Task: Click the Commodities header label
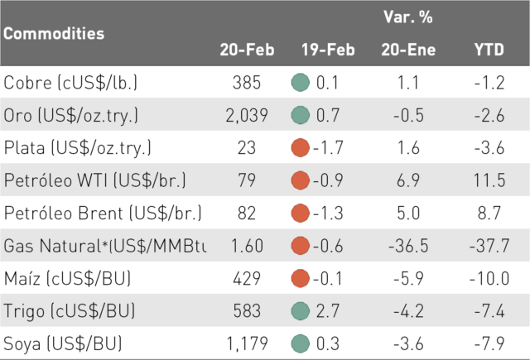[x=54, y=33]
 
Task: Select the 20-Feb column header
[x=247, y=50]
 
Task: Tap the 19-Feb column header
[x=328, y=50]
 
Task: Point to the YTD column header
[x=489, y=50]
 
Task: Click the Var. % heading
[x=408, y=17]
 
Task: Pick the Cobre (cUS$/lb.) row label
[x=70, y=83]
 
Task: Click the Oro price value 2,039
[x=247, y=115]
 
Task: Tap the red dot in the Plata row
[x=300, y=147]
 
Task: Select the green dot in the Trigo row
[x=300, y=310]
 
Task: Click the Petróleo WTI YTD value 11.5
[x=489, y=180]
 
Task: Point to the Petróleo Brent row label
[x=103, y=213]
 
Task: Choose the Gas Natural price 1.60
[x=247, y=246]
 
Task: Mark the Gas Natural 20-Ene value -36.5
[x=408, y=246]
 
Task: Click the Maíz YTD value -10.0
[x=489, y=278]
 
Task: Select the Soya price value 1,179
[x=247, y=343]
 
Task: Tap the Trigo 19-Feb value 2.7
[x=328, y=310]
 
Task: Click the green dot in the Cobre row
[x=300, y=83]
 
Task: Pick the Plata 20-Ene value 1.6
[x=408, y=148]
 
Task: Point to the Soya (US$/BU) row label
[x=63, y=343]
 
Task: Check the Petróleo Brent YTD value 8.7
[x=489, y=213]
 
